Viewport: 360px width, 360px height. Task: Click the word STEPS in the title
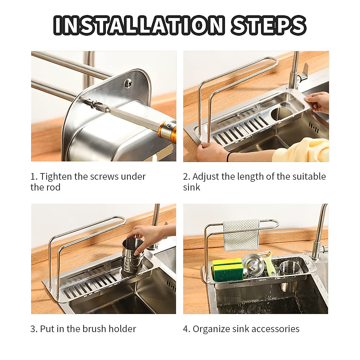tap(268, 25)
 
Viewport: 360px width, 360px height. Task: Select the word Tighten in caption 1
tap(56, 176)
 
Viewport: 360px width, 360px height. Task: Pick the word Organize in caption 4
tap(211, 329)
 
